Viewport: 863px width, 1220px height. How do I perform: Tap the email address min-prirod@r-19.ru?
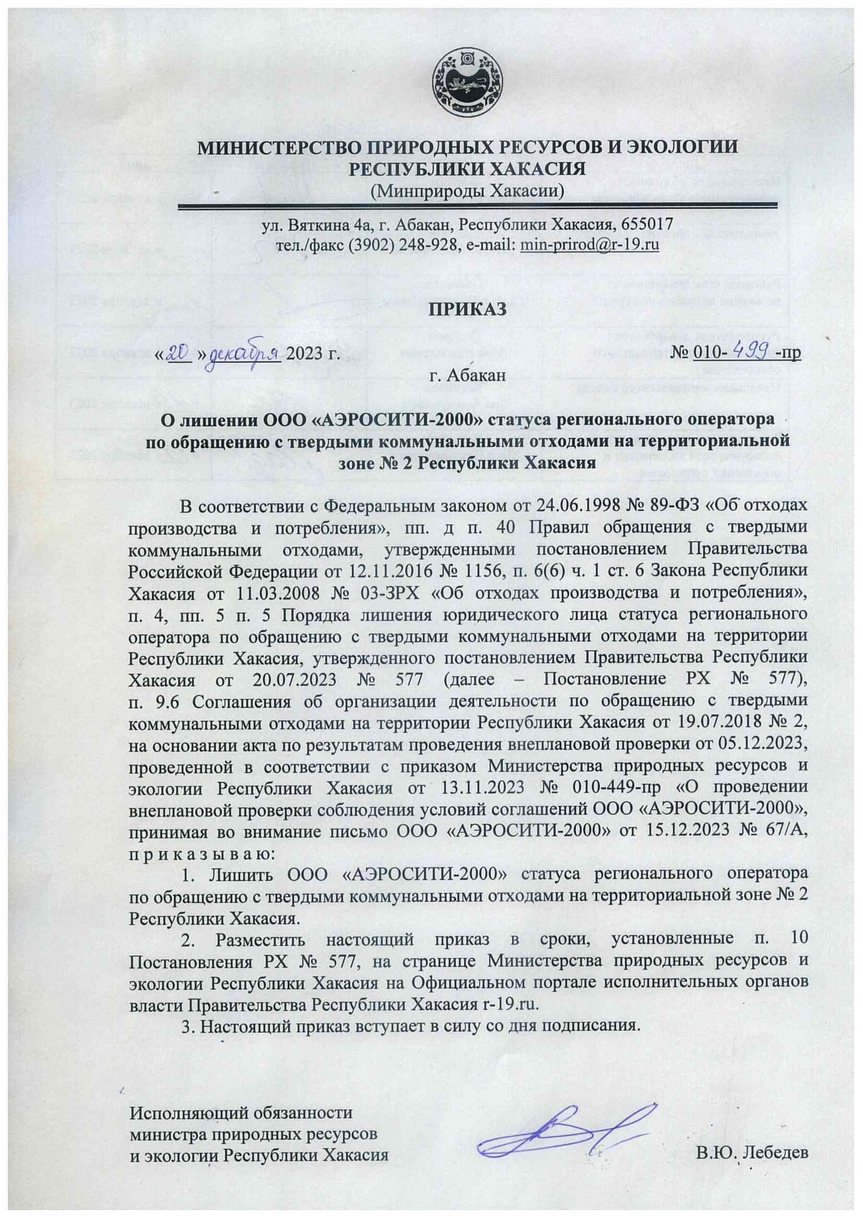coord(590,245)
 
